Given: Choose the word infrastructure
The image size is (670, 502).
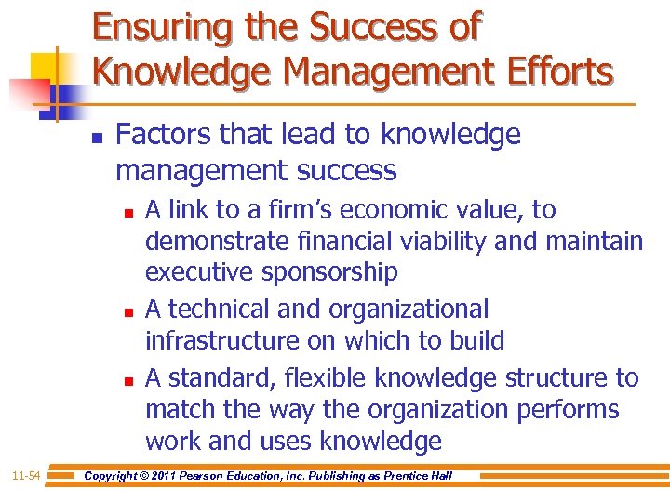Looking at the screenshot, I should [223, 341].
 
